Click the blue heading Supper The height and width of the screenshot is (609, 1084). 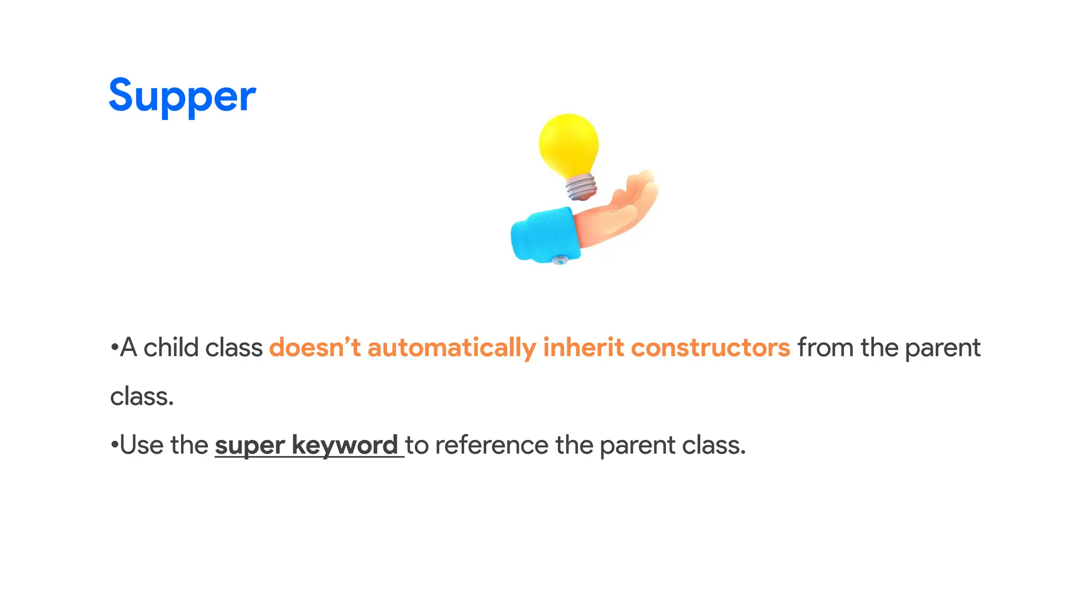point(182,96)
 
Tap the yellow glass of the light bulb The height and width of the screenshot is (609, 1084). point(568,144)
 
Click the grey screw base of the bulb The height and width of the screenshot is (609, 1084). point(581,187)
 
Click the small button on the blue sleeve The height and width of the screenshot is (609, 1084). point(559,260)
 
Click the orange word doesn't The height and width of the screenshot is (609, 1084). point(314,348)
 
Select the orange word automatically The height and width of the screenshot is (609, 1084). point(451,348)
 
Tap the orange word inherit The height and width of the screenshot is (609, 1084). point(583,348)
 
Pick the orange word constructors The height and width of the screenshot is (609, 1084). point(710,348)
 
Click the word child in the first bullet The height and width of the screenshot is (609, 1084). point(171,348)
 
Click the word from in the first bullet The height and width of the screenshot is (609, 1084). point(826,348)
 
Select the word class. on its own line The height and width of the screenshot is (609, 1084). point(142,396)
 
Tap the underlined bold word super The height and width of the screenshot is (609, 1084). point(250,445)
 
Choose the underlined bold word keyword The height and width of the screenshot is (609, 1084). point(345,445)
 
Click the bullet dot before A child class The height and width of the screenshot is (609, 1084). point(113,348)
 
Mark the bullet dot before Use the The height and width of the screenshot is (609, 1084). point(113,445)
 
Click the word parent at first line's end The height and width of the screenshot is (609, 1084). point(943,348)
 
